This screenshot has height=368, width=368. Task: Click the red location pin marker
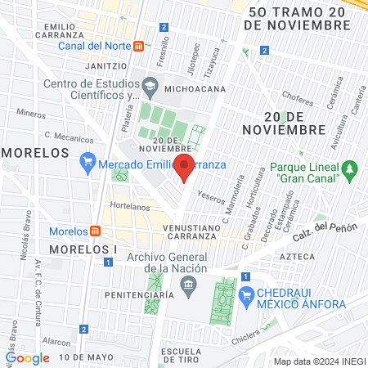click(x=184, y=168)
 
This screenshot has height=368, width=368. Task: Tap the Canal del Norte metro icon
click(x=140, y=46)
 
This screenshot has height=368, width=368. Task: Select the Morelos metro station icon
click(x=95, y=231)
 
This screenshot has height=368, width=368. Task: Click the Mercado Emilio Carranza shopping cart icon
click(x=88, y=163)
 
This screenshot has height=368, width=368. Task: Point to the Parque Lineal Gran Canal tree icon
click(x=350, y=169)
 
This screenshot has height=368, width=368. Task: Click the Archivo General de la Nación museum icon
click(x=190, y=285)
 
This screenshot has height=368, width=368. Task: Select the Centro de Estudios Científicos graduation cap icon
click(x=150, y=85)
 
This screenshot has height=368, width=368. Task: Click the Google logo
click(x=27, y=357)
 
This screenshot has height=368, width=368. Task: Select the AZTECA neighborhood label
click(x=295, y=256)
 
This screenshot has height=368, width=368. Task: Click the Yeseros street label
click(x=211, y=198)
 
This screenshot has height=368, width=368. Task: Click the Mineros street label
click(x=31, y=114)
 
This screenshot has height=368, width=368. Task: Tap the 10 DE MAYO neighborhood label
click(x=86, y=357)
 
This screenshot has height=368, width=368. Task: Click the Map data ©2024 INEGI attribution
click(x=318, y=361)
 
